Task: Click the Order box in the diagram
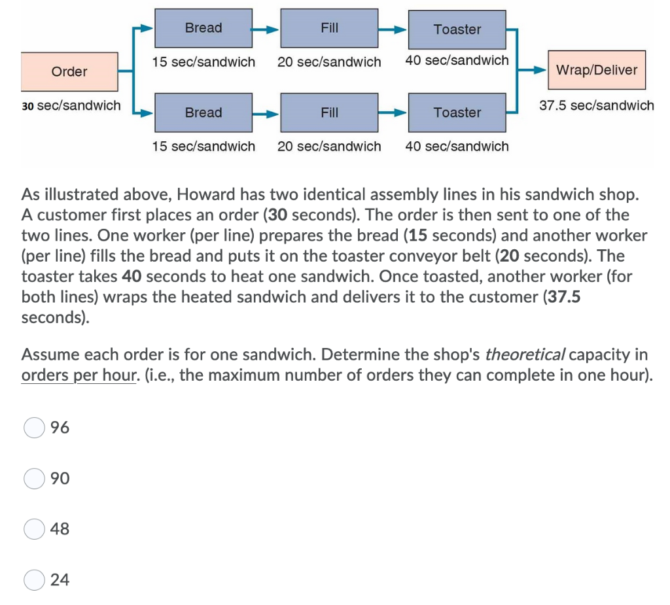tap(69, 71)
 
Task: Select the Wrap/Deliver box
tap(596, 70)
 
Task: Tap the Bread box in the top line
tap(203, 28)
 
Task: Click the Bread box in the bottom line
tap(203, 112)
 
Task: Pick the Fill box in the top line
tap(329, 28)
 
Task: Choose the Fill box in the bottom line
tap(329, 112)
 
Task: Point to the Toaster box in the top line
tap(457, 29)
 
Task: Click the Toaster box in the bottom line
tap(457, 112)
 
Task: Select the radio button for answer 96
tap(34, 428)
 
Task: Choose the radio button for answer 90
tap(34, 479)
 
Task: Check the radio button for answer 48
tap(34, 529)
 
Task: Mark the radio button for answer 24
tap(34, 580)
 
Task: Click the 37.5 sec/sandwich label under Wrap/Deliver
tap(596, 105)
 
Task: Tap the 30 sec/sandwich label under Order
tap(71, 105)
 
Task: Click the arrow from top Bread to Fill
tap(266, 29)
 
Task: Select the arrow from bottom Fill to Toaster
tap(393, 112)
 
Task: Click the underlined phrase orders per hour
tap(78, 376)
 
